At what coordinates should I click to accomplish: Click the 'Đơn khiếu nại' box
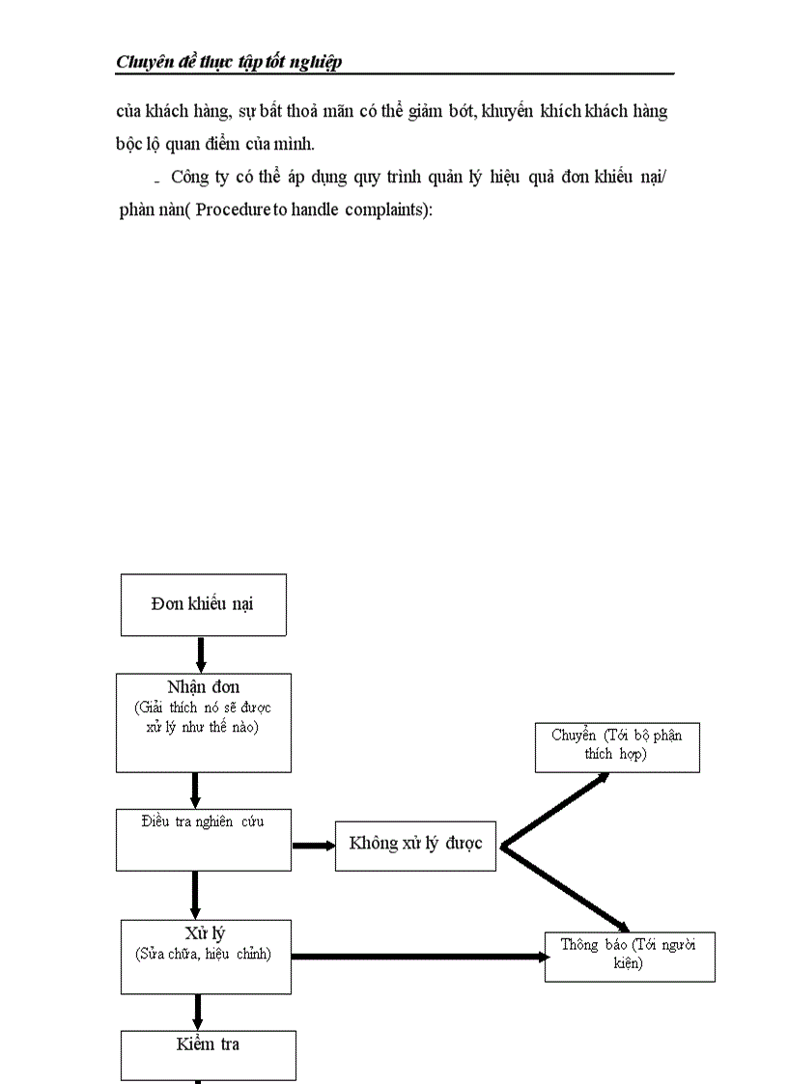[x=203, y=604]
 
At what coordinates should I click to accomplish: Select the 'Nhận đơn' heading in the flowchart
[x=203, y=687]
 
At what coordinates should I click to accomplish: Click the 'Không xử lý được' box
[x=415, y=845]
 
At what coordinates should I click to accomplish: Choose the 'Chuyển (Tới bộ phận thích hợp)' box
[x=617, y=746]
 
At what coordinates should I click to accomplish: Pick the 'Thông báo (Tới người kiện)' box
[x=629, y=956]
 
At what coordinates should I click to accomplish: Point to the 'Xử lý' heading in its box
[x=205, y=933]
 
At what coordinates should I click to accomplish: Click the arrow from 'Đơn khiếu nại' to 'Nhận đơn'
[x=201, y=654]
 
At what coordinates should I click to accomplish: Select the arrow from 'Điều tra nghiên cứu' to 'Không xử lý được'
[x=313, y=847]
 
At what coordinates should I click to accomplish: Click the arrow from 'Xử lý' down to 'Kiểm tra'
[x=198, y=1012]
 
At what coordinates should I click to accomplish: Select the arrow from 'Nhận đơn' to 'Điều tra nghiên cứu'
[x=195, y=790]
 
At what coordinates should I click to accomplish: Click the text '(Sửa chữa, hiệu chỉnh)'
[x=205, y=954]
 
